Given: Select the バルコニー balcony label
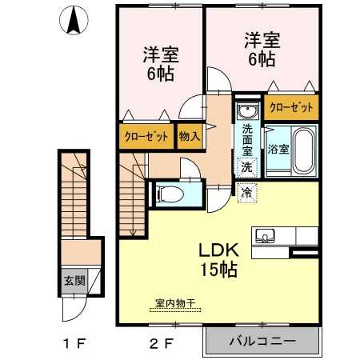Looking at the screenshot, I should click(262, 340).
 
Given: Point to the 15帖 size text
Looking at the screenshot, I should click(217, 270).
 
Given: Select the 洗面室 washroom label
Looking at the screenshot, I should click(247, 139).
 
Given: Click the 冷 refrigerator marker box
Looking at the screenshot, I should click(247, 192).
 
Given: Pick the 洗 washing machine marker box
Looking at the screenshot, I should click(247, 167).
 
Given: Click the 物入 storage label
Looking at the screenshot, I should click(189, 136).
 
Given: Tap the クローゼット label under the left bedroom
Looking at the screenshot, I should click(146, 136).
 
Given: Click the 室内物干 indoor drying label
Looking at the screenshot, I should click(175, 303).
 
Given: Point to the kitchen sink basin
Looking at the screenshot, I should click(265, 235).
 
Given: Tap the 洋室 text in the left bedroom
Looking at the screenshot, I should click(160, 56).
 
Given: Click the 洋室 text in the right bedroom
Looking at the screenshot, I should click(262, 38).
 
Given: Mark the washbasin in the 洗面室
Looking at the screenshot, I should click(248, 110).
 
